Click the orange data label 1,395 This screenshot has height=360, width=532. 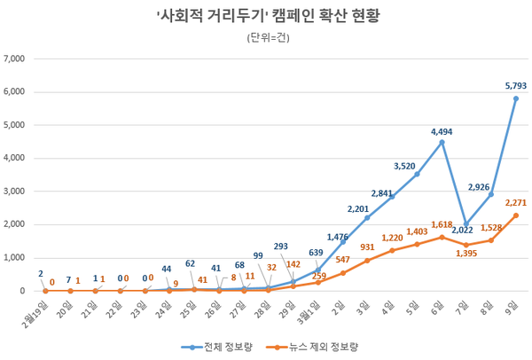[x=465, y=254]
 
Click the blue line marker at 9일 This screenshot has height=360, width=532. [x=515, y=98]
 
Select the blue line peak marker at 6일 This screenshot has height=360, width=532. [x=441, y=142]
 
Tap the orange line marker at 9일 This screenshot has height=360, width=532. [x=515, y=215]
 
